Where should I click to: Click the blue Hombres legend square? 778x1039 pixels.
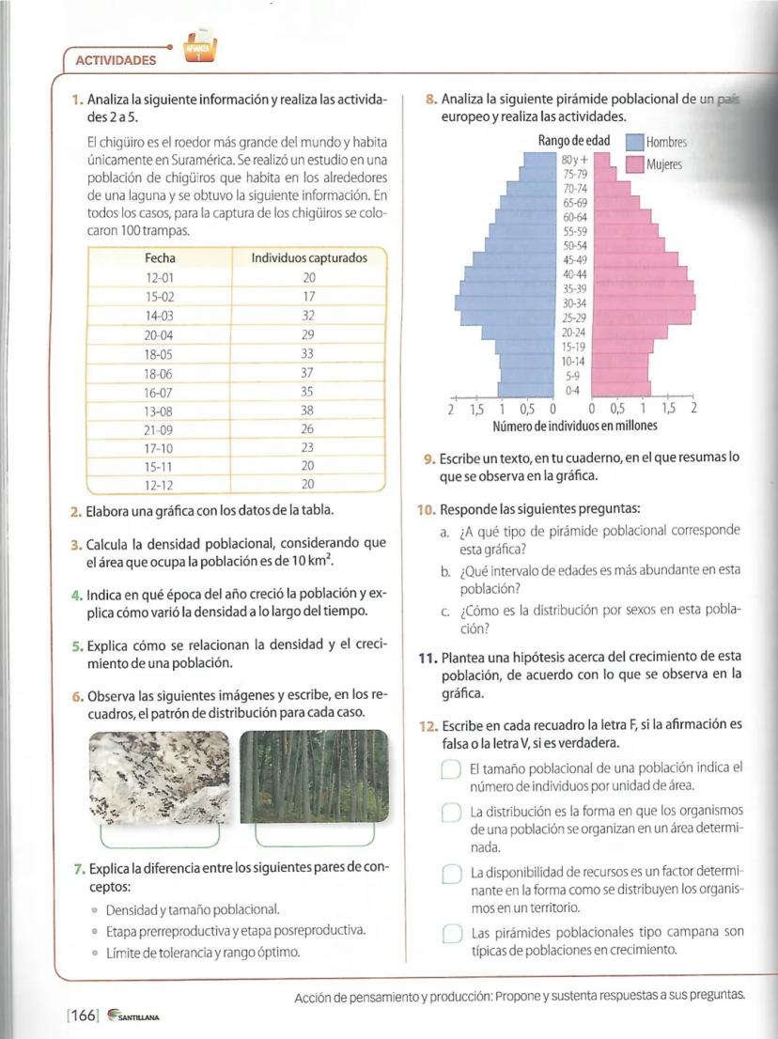tap(634, 144)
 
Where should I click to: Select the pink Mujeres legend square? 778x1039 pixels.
tap(634, 164)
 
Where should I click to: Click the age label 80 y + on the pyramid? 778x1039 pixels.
tap(574, 159)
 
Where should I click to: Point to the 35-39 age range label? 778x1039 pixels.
tap(574, 288)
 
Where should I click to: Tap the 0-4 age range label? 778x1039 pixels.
tap(572, 389)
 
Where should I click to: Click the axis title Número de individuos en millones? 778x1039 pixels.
tap(574, 426)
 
